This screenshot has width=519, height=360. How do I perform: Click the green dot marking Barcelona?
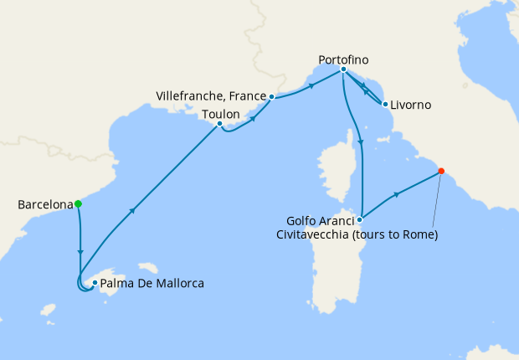(x=78, y=203)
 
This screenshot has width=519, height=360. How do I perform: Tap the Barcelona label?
(x=44, y=203)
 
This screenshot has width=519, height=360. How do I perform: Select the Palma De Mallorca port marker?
(x=95, y=283)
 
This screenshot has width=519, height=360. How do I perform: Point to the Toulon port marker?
(x=219, y=125)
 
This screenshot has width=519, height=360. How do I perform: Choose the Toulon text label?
(x=221, y=113)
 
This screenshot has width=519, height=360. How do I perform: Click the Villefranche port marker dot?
(x=272, y=96)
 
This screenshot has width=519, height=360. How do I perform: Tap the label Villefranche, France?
(x=211, y=96)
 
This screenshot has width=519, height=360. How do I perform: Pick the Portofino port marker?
(x=343, y=71)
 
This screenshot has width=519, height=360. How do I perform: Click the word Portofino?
(x=343, y=59)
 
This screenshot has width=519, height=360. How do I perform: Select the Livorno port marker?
(x=384, y=105)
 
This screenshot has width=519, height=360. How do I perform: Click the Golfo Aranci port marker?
(x=359, y=220)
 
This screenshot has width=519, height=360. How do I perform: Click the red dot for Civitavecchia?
(x=441, y=172)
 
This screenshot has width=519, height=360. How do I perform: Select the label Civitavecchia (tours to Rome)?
(x=357, y=234)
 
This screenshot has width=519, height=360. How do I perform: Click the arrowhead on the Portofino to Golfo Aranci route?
(x=362, y=142)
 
